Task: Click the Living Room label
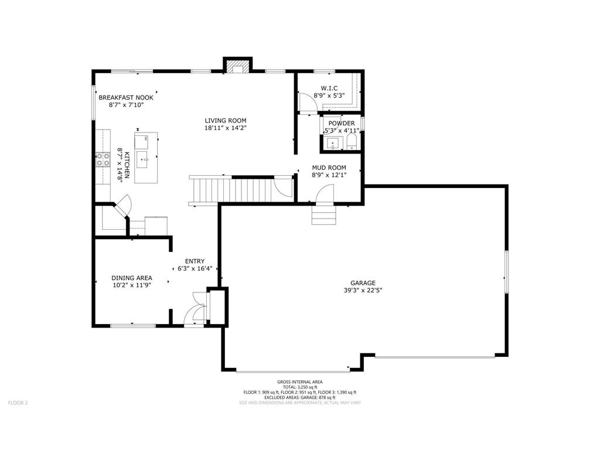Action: [x=225, y=121]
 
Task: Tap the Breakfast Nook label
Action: [x=126, y=97]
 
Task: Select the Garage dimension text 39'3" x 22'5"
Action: [x=363, y=290]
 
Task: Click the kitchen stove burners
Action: [x=103, y=160]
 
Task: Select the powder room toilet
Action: [x=352, y=142]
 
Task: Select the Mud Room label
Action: [x=328, y=168]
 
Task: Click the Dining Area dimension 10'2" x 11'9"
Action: [x=132, y=285]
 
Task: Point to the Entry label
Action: [x=195, y=261]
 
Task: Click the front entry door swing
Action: [x=195, y=313]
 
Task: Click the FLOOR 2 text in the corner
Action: [x=18, y=403]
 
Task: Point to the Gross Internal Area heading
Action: [x=299, y=381]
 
